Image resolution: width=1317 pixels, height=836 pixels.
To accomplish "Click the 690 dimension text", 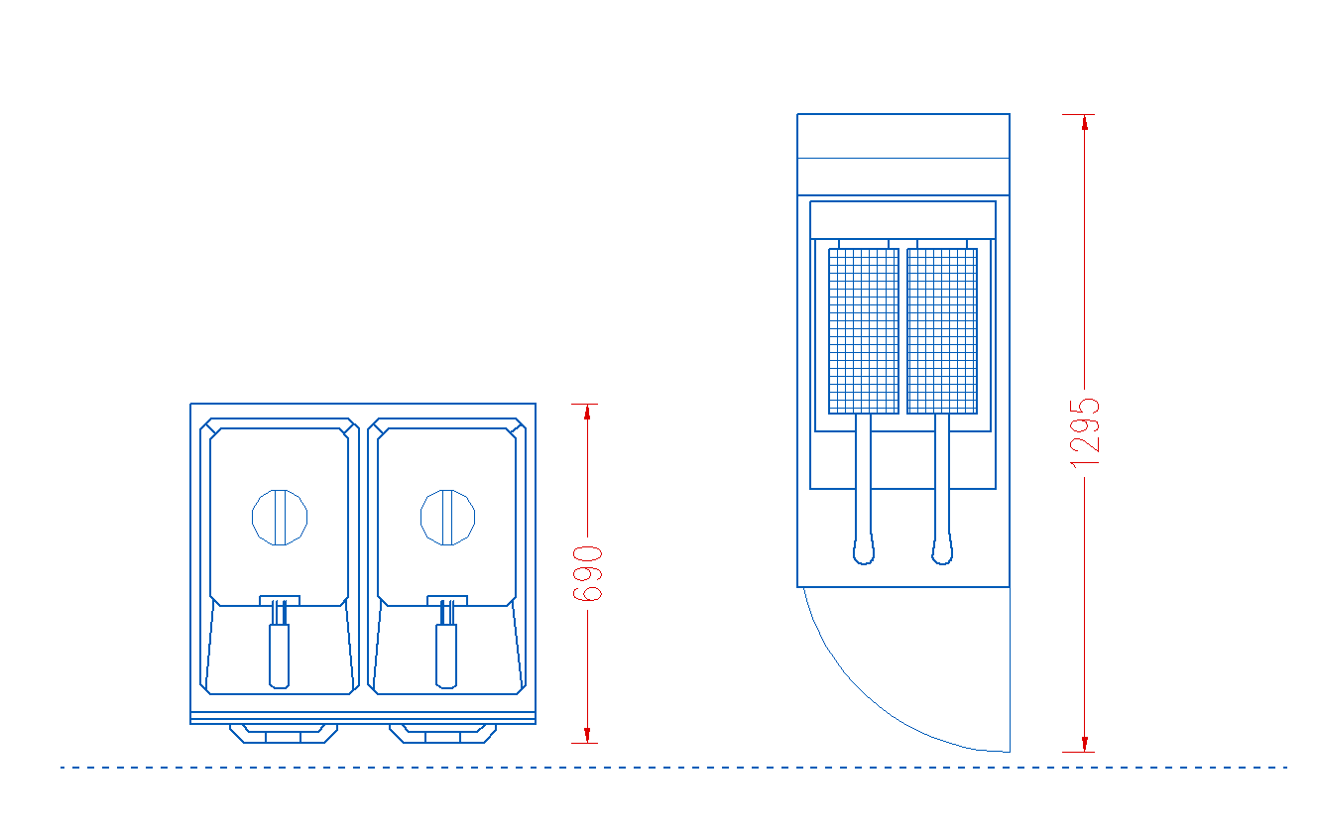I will click(588, 573).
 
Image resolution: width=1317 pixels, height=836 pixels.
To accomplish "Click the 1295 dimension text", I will click(1085, 432).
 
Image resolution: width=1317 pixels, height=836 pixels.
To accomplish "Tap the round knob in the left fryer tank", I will click(280, 517).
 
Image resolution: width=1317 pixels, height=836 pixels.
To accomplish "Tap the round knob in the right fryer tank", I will click(448, 517).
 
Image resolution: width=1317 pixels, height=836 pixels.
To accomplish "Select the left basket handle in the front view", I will click(280, 655).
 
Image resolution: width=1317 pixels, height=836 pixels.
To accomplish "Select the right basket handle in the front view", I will click(447, 655).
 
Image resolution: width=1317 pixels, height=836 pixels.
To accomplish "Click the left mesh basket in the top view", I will click(864, 330).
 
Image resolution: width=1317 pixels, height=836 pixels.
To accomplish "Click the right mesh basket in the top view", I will click(942, 330).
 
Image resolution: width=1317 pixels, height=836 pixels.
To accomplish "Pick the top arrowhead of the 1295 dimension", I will click(1085, 122).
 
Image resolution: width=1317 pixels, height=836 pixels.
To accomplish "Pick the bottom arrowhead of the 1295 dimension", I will click(1085, 744).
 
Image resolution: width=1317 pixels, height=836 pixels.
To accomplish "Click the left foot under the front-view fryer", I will click(284, 733).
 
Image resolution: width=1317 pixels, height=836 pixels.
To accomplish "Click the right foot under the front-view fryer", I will click(442, 733).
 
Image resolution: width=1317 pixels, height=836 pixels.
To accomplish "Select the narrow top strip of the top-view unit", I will click(903, 136).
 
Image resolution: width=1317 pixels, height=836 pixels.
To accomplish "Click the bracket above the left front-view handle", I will click(280, 600).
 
